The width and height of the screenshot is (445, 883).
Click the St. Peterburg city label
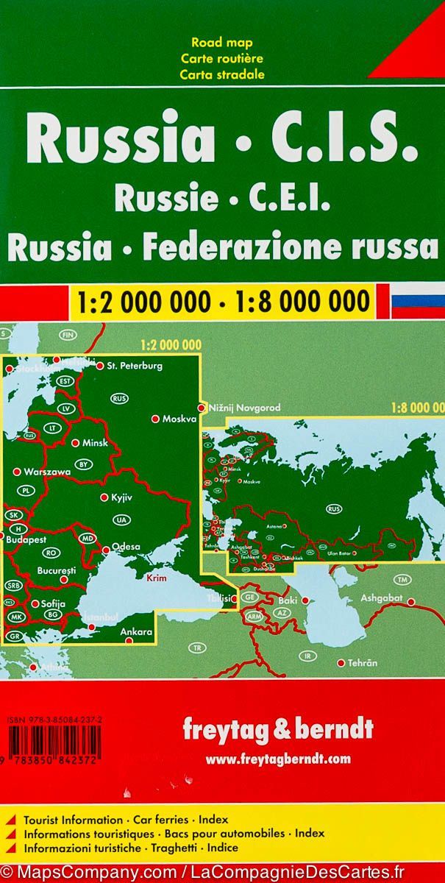click(135, 365)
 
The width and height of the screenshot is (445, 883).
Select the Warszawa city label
click(46, 470)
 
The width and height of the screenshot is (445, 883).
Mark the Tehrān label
click(362, 663)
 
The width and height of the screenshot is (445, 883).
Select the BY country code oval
click(84, 464)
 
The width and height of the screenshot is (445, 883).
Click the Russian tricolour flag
click(417, 301)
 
